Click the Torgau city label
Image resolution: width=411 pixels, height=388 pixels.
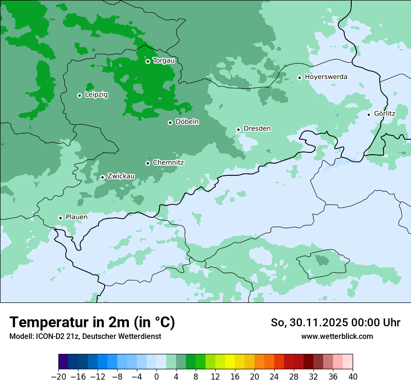tap(164, 61)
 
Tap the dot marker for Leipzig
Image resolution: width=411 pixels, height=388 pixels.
tap(79, 95)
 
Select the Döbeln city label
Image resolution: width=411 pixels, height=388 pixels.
tap(187, 122)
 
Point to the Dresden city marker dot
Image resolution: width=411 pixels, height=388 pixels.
tap(238, 129)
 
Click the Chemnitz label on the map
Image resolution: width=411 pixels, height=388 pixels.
tap(168, 163)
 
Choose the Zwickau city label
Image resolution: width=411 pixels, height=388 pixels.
tap(121, 176)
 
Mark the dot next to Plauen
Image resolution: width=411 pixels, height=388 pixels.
tap(60, 218)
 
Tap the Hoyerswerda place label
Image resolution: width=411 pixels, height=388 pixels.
tap(326, 77)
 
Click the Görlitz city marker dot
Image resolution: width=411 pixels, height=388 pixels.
tap(368, 115)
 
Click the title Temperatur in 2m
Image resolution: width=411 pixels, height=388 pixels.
tap(92, 323)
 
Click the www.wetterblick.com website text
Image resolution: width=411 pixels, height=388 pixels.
tap(337, 337)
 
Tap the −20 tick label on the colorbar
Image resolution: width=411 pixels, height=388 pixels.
tap(58, 377)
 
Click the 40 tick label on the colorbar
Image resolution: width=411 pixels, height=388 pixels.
tap(353, 377)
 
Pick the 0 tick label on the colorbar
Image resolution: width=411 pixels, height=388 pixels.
tap(156, 377)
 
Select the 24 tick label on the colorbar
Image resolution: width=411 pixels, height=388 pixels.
tap(274, 377)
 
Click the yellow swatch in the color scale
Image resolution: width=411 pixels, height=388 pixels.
tap(230, 362)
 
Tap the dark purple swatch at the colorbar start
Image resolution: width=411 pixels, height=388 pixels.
tap(63, 362)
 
